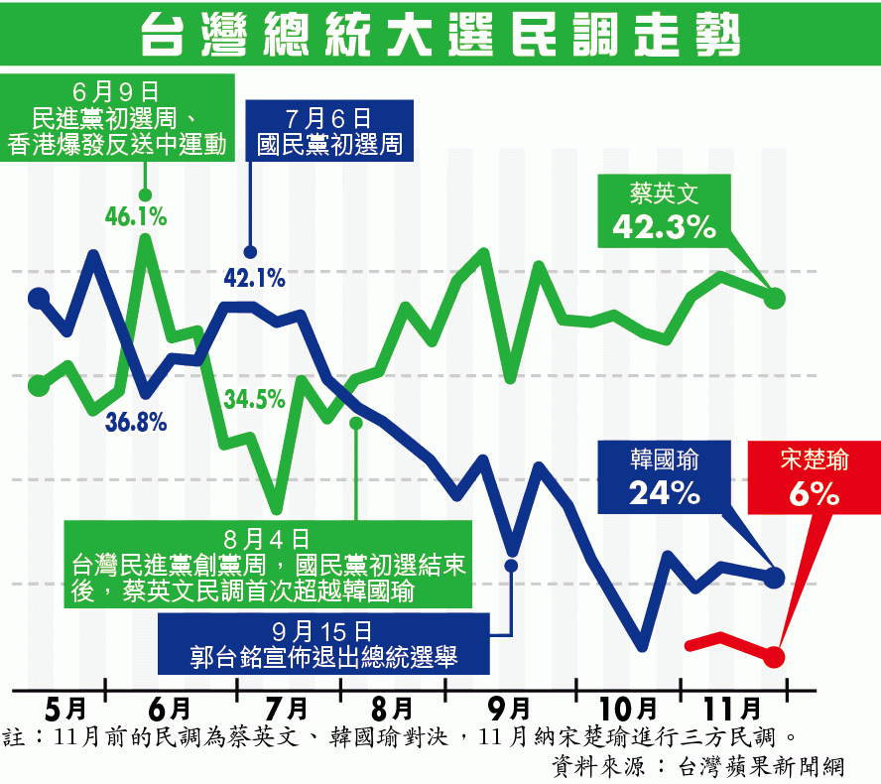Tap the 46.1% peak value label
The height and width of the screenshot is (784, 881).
(136, 215)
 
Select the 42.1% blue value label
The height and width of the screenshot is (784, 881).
(254, 279)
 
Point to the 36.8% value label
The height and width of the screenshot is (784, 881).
(136, 421)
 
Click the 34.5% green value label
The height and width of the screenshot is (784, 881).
(254, 400)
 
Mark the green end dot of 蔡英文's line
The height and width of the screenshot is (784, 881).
(776, 298)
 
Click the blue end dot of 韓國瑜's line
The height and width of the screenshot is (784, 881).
(776, 577)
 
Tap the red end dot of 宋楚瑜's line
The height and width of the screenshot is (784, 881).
(775, 657)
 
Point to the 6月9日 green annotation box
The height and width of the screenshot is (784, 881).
(117, 119)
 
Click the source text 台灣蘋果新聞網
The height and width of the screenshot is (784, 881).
(759, 766)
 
